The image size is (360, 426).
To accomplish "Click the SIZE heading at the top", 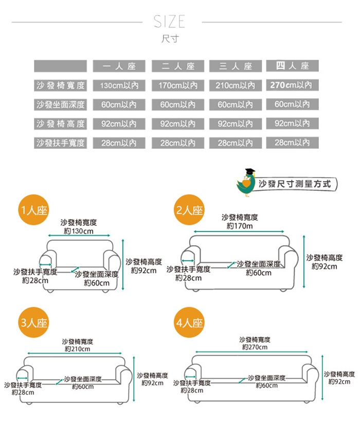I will [169, 21].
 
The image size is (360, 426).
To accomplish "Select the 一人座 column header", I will [119, 66].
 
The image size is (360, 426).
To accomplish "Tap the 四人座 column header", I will [292, 66].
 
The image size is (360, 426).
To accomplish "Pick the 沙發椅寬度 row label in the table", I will [60, 85].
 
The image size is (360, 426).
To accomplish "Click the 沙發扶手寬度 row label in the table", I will [60, 143].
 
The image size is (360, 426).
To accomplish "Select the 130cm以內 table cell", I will [119, 85].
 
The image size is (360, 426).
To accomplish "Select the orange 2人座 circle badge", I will [189, 210].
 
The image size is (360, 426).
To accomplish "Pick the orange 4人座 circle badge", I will [189, 323].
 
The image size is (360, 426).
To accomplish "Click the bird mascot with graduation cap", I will [246, 183].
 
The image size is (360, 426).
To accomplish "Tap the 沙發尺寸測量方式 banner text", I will [295, 183].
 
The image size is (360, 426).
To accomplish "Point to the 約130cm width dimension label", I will [79, 232].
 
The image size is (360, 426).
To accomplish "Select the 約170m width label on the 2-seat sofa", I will [240, 226].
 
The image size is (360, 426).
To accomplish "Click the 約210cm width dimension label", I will [78, 349].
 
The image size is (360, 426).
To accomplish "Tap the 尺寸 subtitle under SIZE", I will [170, 39].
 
